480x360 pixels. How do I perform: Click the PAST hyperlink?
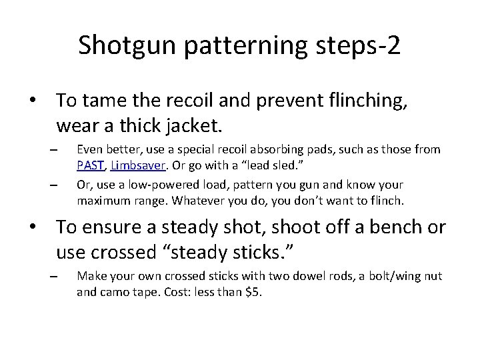point(91,165)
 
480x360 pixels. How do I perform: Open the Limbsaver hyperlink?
point(137,165)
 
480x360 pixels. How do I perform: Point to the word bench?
point(385,228)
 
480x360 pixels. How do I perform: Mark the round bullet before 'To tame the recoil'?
point(31,101)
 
